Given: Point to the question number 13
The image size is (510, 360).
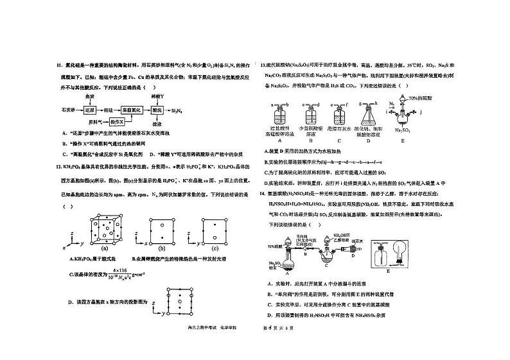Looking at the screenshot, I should click(x=262, y=65).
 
